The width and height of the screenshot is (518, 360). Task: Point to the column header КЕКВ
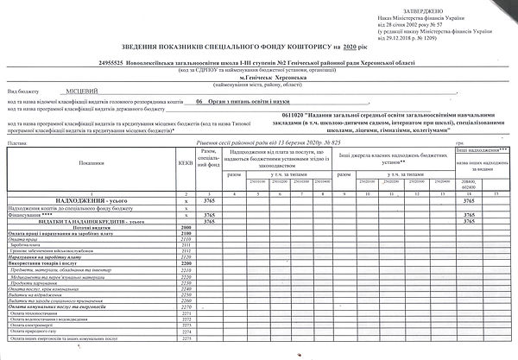tap(186, 161)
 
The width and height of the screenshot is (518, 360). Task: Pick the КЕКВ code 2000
tap(186, 227)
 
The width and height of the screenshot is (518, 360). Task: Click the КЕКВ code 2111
tap(186, 245)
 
